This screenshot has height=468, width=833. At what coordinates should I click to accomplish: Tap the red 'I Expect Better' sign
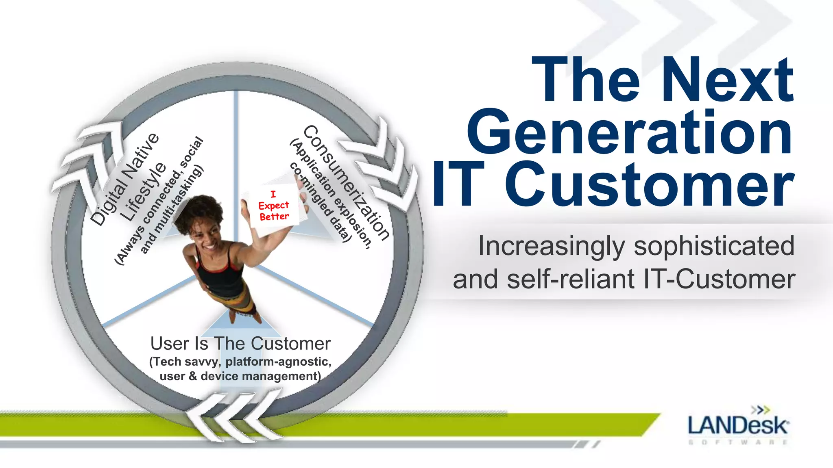click(274, 206)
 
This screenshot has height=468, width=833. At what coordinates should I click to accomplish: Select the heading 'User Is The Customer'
click(240, 344)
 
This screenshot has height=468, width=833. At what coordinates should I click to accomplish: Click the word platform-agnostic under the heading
click(278, 362)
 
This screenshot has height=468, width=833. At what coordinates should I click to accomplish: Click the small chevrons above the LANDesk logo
click(760, 409)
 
